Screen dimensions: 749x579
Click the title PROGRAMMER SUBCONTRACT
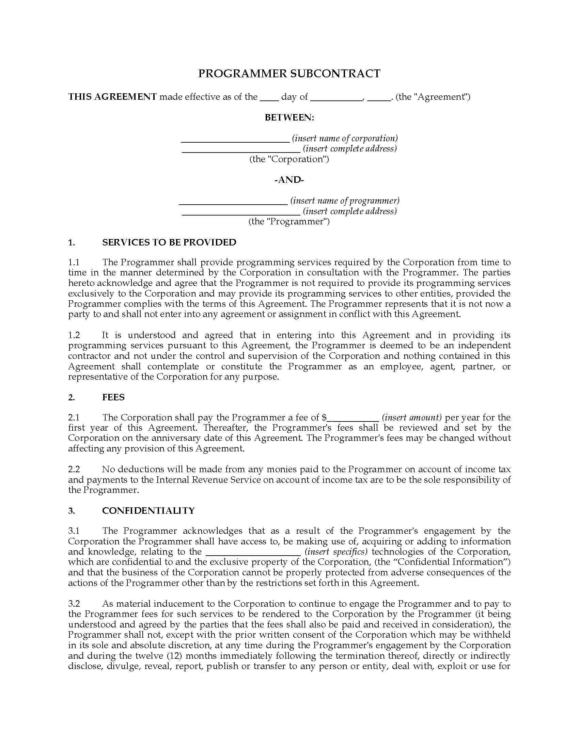(x=289, y=74)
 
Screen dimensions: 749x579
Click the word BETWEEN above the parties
(x=289, y=117)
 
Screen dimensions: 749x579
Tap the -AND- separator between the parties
(x=289, y=180)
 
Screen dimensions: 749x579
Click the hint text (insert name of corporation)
(x=345, y=138)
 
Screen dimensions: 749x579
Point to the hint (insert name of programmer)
(x=345, y=200)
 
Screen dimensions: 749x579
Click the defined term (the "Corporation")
(x=289, y=159)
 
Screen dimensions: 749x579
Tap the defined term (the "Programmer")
(x=289, y=221)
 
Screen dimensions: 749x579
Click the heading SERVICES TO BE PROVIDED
(x=169, y=242)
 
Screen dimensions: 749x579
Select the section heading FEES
(x=113, y=397)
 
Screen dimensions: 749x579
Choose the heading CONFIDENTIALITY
(x=148, y=511)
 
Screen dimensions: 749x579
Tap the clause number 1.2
(x=74, y=335)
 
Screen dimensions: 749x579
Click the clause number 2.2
(x=74, y=469)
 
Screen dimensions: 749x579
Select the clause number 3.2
(x=74, y=604)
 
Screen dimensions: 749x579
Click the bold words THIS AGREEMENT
(x=112, y=97)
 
